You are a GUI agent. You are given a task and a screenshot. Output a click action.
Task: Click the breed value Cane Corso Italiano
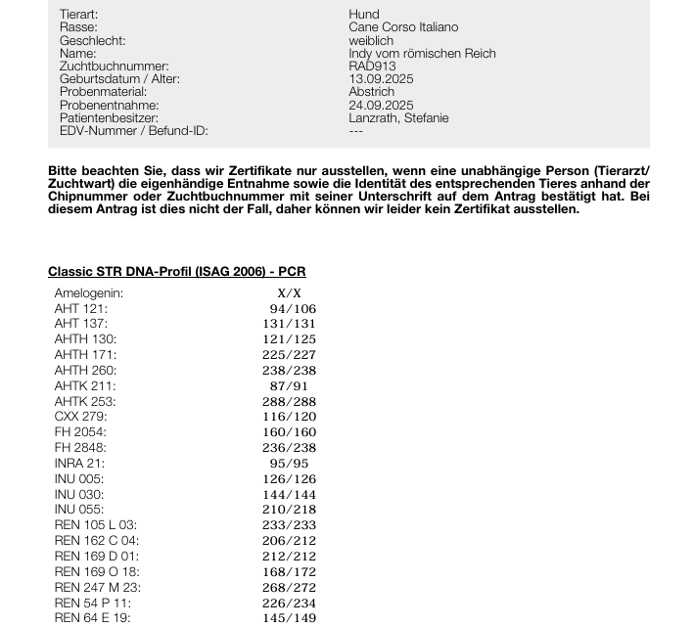[x=402, y=27]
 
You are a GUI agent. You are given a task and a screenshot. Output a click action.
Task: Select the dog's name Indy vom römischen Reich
[x=422, y=54]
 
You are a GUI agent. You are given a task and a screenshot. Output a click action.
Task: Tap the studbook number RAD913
[x=372, y=67]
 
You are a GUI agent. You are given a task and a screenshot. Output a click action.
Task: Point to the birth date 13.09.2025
[x=381, y=79]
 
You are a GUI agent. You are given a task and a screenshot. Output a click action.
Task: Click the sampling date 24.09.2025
[x=381, y=105]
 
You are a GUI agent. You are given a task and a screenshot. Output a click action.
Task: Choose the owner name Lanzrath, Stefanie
[x=398, y=117]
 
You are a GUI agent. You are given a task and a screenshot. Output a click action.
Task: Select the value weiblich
[x=371, y=41]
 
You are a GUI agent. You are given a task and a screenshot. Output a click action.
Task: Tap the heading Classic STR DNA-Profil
[x=176, y=272]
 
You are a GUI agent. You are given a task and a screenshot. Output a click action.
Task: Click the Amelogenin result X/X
[x=290, y=292]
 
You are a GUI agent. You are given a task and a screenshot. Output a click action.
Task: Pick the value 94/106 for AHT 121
[x=293, y=308]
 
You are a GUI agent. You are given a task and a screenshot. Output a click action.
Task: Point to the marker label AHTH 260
[x=85, y=370]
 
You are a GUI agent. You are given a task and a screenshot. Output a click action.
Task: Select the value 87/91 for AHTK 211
[x=293, y=385]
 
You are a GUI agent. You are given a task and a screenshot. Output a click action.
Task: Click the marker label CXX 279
[x=80, y=417]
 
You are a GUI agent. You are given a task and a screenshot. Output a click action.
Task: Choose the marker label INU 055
[x=78, y=509]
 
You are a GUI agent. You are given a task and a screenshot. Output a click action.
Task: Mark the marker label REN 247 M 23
[x=98, y=587]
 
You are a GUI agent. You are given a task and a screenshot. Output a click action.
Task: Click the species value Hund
[x=363, y=15]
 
